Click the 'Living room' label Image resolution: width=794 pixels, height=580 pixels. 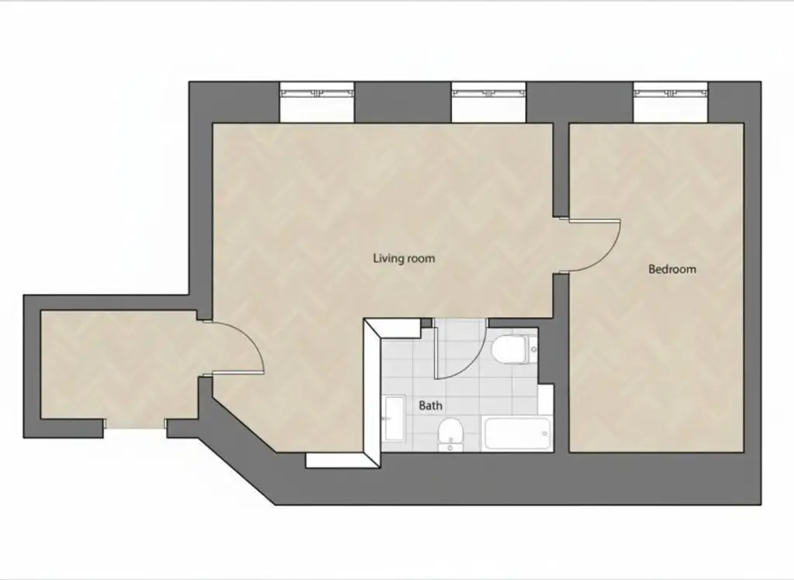(404, 258)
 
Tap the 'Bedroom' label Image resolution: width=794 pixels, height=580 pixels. (671, 270)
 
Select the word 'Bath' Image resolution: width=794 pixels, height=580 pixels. (430, 406)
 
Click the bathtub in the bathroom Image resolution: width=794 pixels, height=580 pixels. (517, 433)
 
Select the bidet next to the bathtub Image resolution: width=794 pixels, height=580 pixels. (450, 434)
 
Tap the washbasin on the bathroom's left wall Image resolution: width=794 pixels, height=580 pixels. (392, 418)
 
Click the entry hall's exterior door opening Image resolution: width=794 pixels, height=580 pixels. (135, 424)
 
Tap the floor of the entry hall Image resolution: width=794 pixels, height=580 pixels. (116, 364)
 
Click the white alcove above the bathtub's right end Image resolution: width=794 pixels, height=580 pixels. (546, 399)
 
